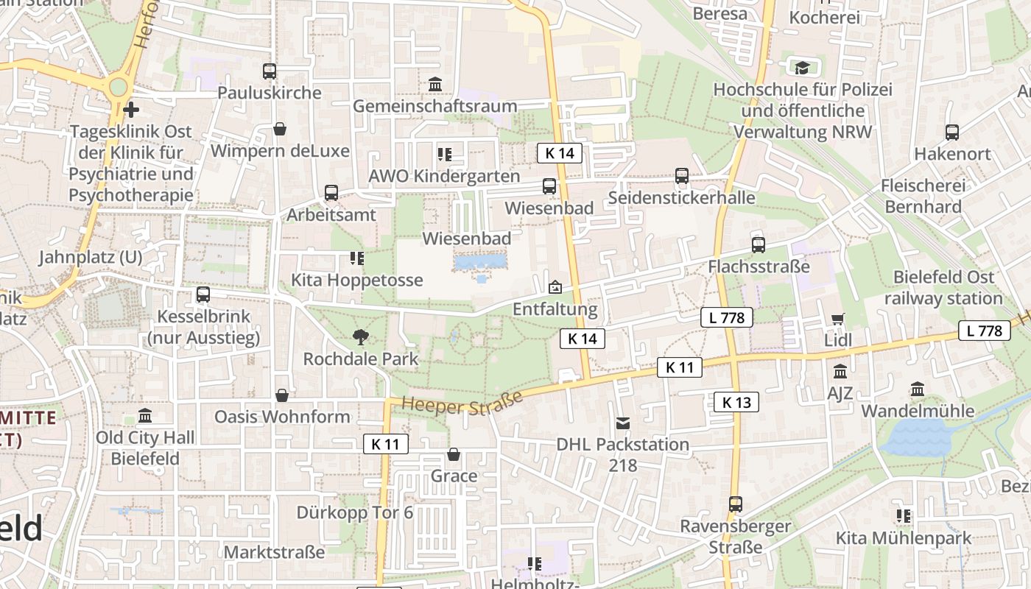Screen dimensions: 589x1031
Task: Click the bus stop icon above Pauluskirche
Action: click(270, 71)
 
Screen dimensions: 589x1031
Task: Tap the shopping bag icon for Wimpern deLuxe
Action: click(280, 130)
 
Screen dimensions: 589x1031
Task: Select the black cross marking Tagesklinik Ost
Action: click(131, 110)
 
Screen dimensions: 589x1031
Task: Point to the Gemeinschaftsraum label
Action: click(434, 106)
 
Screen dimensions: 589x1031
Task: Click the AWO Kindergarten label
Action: click(444, 177)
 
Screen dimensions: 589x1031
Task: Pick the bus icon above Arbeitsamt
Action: click(331, 193)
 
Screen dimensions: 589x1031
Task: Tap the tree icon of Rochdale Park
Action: click(360, 337)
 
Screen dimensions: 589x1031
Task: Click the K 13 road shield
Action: click(736, 402)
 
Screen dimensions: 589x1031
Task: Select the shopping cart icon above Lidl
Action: click(838, 319)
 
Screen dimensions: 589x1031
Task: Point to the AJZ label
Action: click(840, 393)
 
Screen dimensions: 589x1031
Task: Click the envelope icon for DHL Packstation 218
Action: click(623, 423)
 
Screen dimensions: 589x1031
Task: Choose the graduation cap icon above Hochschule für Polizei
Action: click(802, 68)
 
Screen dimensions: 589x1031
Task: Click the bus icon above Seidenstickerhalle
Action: click(682, 176)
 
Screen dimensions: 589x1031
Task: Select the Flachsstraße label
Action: click(759, 267)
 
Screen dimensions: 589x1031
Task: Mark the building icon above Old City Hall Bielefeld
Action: click(145, 416)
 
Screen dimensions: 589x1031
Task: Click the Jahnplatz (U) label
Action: click(90, 258)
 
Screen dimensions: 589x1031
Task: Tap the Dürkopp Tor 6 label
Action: click(355, 512)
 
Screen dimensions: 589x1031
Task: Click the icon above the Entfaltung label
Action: click(555, 286)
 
